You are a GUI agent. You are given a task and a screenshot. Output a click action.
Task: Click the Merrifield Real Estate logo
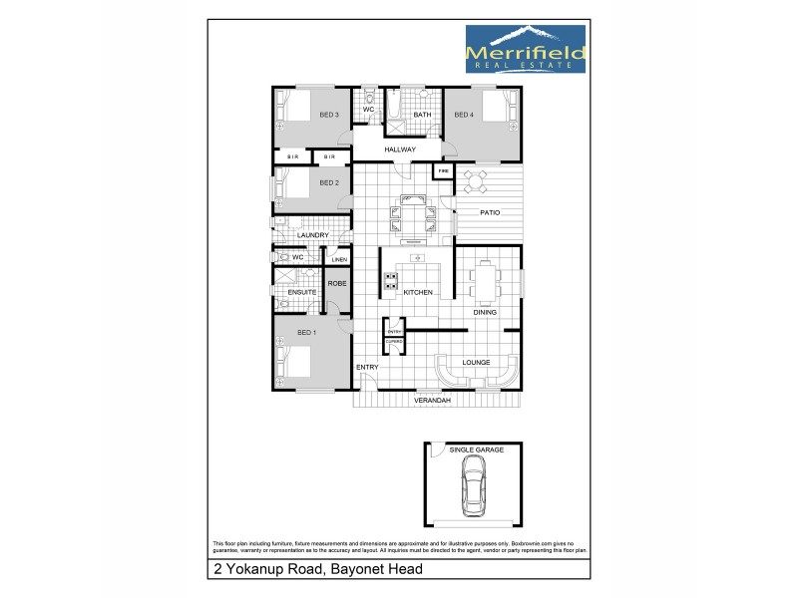[x=526, y=48]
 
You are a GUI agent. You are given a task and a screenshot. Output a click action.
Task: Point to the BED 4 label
[x=463, y=116]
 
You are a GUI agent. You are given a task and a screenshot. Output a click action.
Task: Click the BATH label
[x=422, y=116]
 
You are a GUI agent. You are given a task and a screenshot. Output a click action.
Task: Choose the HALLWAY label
[x=399, y=149]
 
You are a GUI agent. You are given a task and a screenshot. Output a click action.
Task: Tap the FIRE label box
[x=443, y=172]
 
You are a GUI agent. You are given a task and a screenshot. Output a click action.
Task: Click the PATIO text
[x=489, y=213]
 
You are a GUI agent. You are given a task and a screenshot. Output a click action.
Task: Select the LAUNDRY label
[x=312, y=235]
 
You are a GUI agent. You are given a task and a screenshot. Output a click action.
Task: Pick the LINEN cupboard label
[x=339, y=261]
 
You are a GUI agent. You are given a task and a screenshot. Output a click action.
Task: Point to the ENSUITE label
[x=302, y=292]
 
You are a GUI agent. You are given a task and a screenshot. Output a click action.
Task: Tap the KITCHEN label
[x=417, y=292]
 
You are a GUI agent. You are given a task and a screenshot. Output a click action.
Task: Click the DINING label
[x=486, y=313]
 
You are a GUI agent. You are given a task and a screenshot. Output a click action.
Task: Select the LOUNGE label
[x=476, y=362]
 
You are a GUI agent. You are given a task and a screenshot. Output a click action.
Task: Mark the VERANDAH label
[x=433, y=400]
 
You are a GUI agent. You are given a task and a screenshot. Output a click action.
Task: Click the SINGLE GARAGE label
[x=476, y=450]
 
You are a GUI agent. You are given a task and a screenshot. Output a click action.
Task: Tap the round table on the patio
[x=476, y=180]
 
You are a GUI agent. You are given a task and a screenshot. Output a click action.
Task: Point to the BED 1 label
[x=307, y=332]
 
